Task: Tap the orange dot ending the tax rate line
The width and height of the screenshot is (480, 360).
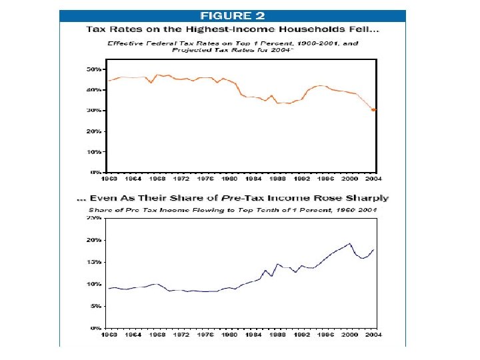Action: [374, 110]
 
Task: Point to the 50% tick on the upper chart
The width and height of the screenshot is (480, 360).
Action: [94, 69]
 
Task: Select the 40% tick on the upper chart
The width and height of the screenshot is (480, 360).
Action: [94, 89]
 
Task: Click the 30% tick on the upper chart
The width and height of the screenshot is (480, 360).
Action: [94, 110]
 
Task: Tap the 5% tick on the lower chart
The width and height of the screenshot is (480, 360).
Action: [95, 306]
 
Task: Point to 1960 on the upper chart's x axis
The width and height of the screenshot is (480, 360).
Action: [109, 179]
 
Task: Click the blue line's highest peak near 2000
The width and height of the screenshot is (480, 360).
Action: [350, 243]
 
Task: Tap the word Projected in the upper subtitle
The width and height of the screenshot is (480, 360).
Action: [193, 50]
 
